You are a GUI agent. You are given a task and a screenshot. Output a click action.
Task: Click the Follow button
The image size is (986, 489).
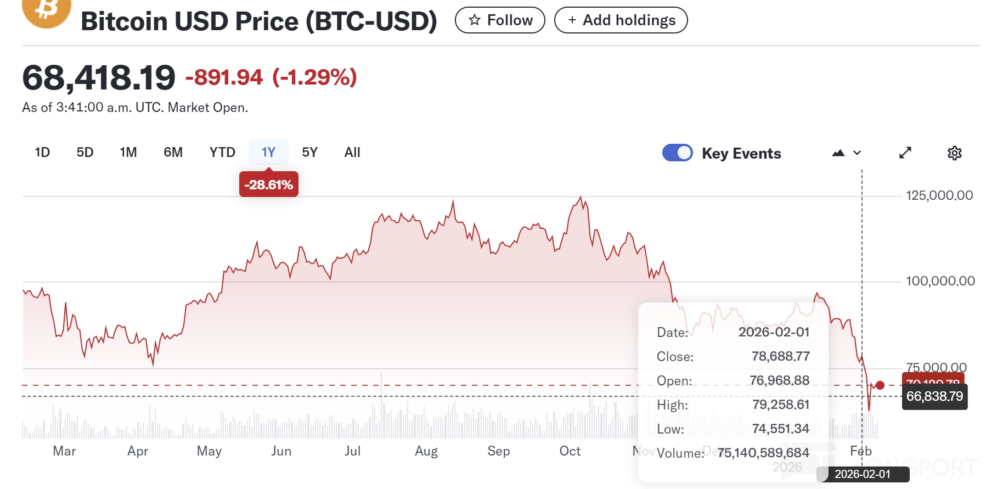500,20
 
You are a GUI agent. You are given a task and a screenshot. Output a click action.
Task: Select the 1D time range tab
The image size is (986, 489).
42,153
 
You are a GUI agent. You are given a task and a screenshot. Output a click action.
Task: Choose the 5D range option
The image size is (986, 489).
85,153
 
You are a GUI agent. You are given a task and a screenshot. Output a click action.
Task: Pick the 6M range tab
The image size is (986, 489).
173,153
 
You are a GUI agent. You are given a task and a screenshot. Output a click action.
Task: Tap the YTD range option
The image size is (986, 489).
222,153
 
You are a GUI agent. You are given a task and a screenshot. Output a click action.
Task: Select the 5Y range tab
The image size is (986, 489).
309,153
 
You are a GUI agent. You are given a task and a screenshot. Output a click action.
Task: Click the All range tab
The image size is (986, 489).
352,153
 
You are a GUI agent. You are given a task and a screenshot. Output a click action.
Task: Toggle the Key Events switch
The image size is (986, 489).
678,153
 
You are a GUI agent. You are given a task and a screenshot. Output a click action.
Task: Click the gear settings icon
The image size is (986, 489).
955,153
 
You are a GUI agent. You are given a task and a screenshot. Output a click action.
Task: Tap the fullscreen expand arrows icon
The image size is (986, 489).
905,153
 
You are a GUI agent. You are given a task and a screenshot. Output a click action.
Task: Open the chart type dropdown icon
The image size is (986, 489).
846,153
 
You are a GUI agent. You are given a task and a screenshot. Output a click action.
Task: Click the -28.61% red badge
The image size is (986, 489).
269,185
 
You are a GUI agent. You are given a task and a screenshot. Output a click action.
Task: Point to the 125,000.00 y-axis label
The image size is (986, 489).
939,195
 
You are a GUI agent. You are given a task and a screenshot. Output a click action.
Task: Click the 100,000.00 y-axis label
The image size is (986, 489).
940,281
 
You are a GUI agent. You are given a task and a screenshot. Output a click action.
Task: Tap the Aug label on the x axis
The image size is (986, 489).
426,451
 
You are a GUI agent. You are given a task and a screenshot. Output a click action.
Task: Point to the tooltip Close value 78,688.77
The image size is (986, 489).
780,356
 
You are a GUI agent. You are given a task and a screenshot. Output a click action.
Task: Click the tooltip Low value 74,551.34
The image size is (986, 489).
780,429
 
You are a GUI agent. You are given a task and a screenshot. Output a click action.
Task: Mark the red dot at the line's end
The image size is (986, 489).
880,385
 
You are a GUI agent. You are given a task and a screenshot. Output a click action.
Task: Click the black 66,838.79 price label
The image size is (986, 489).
934,396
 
